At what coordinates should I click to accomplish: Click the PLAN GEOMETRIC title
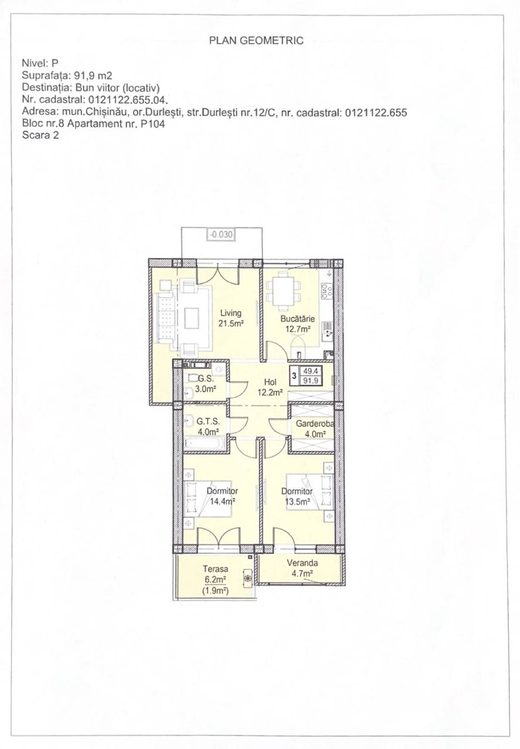256,40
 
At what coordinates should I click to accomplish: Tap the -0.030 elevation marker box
221,235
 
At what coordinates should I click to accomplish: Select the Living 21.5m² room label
231,318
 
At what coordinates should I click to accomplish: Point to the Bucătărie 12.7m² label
297,324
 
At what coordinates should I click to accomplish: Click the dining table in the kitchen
283,289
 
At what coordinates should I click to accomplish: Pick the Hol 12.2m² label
270,387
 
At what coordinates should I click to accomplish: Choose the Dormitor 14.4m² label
222,496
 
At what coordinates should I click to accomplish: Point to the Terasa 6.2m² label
215,573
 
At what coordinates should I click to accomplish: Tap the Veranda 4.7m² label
302,568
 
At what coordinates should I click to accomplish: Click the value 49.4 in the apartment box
311,371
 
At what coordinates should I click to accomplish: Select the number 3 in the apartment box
294,376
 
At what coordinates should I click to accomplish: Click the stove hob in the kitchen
326,290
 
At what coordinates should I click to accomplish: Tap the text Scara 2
40,135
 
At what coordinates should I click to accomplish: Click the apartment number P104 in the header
153,123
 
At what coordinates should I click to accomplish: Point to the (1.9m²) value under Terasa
215,591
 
